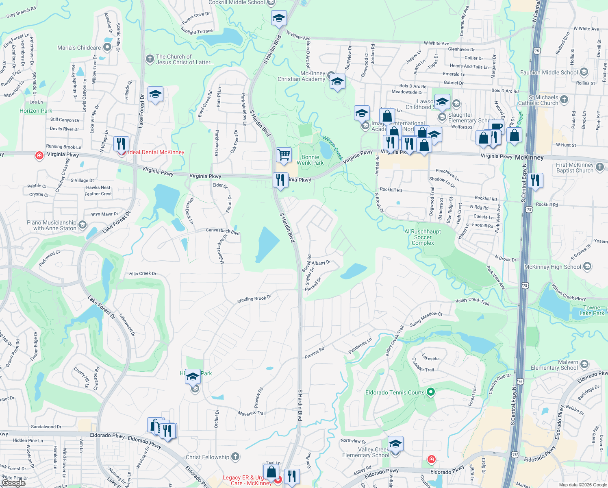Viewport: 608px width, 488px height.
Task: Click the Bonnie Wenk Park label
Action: (x=310, y=160)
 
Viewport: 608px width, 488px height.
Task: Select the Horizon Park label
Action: (x=36, y=111)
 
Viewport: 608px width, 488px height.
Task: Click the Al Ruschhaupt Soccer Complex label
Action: (x=423, y=237)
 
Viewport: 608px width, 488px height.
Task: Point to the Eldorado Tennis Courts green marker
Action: (x=431, y=392)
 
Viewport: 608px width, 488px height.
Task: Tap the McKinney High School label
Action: (x=552, y=267)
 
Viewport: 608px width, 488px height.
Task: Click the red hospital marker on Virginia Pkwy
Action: (x=39, y=155)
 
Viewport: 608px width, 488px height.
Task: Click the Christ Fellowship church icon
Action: (x=235, y=457)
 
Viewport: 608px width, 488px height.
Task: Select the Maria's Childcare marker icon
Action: (x=107, y=47)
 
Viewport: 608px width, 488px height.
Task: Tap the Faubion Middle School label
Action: (x=549, y=72)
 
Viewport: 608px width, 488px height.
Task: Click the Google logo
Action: (x=14, y=483)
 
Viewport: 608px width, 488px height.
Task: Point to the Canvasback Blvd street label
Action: (x=223, y=231)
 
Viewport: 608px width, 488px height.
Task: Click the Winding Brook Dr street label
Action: (x=254, y=299)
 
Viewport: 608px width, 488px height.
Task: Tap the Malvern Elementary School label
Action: (x=554, y=365)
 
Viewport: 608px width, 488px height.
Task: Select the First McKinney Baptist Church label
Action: (x=574, y=168)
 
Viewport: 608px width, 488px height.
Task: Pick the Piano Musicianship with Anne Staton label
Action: (x=52, y=225)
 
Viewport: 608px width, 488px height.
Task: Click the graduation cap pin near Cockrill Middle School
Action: (x=279, y=18)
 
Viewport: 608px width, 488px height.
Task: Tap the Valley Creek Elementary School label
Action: (x=365, y=452)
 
